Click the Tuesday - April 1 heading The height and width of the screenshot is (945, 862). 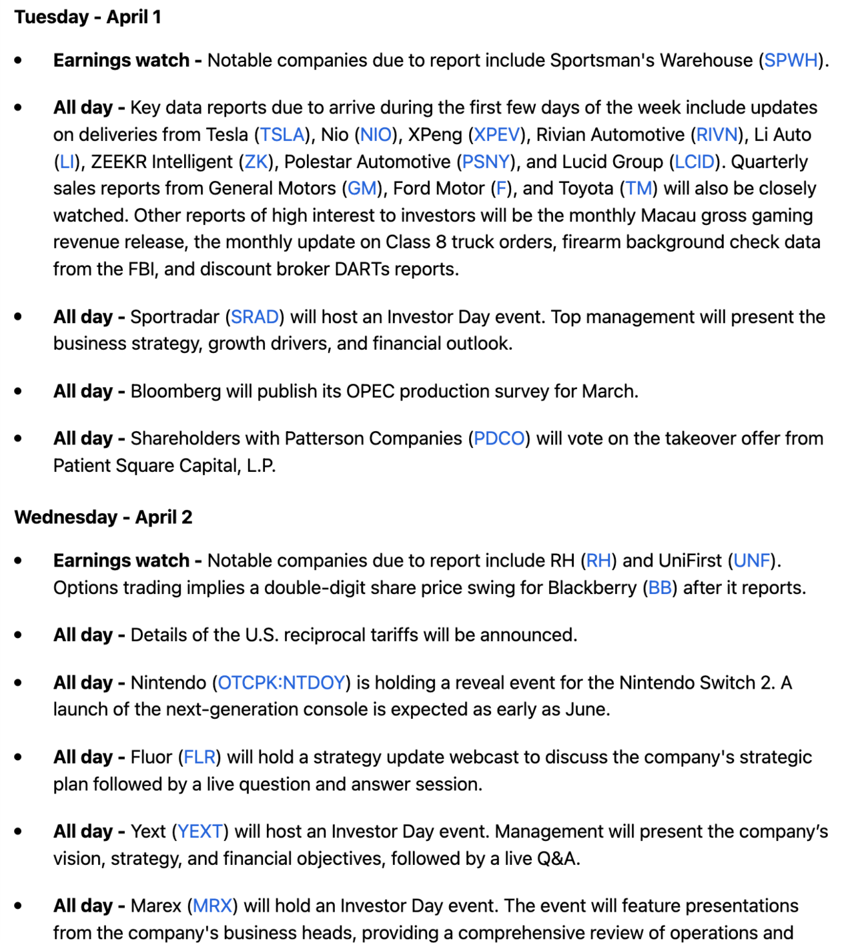pyautogui.click(x=87, y=17)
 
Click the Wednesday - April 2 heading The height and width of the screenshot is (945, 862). pyautogui.click(x=103, y=517)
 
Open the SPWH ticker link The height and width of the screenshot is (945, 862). pyautogui.click(x=791, y=60)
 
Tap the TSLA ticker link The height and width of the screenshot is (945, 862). pyautogui.click(x=282, y=134)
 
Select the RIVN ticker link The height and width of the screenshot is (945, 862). pyautogui.click(x=717, y=134)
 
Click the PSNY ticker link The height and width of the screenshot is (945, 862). pyautogui.click(x=486, y=162)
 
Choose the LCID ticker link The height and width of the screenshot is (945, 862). pyautogui.click(x=695, y=162)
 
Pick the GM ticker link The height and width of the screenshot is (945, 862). pyautogui.click(x=362, y=188)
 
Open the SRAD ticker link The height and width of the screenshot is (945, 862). pyautogui.click(x=255, y=316)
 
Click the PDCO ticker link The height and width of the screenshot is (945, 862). pyautogui.click(x=499, y=438)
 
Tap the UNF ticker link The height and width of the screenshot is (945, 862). pyautogui.click(x=752, y=560)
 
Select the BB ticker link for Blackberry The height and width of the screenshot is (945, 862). pyautogui.click(x=660, y=587)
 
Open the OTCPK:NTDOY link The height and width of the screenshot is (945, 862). pyautogui.click(x=282, y=683)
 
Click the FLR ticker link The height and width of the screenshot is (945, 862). pyautogui.click(x=199, y=757)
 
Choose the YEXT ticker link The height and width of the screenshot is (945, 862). pyautogui.click(x=200, y=831)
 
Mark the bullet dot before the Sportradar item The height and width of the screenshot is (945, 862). pyautogui.click(x=18, y=316)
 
